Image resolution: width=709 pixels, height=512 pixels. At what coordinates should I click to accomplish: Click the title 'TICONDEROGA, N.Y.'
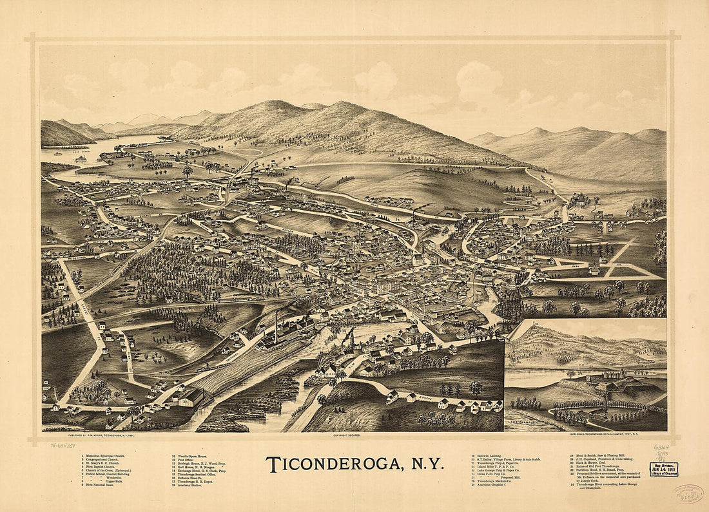pos(354,464)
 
